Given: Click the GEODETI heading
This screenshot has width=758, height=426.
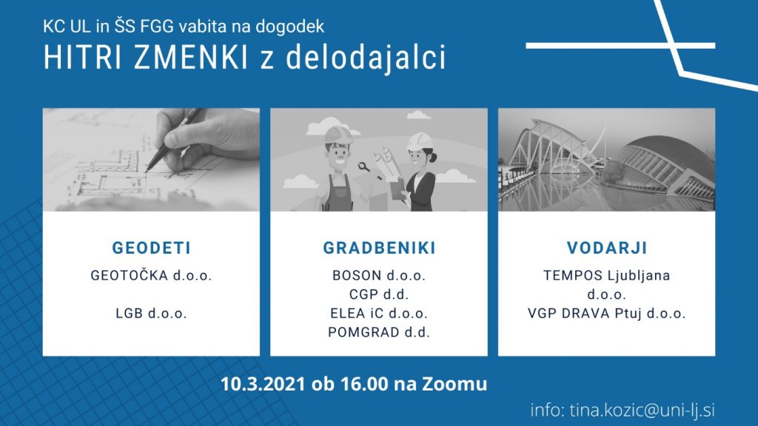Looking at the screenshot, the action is tap(151, 248).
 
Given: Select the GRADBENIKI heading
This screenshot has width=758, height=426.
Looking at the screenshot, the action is tap(379, 248).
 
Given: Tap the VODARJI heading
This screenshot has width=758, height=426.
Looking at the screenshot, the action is tap(607, 248).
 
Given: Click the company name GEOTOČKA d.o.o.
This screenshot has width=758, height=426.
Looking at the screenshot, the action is tap(151, 275).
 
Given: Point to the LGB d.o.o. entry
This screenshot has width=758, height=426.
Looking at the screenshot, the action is tap(151, 314).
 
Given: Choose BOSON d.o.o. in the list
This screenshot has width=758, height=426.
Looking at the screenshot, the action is tap(379, 275).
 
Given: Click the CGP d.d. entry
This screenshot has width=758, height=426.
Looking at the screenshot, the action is tap(379, 294).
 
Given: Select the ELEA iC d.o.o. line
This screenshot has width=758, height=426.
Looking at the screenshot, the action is tap(379, 314).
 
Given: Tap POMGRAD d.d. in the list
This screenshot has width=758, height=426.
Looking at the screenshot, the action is tap(379, 332).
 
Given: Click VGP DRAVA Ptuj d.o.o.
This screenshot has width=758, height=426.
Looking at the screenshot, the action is tap(607, 314).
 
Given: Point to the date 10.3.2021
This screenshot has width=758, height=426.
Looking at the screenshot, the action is tap(263, 384).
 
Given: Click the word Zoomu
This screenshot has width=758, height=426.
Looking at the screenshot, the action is tap(455, 384).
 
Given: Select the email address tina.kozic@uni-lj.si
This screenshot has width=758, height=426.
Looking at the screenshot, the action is tap(642, 410).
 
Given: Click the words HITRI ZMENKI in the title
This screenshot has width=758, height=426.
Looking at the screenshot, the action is tap(146, 58).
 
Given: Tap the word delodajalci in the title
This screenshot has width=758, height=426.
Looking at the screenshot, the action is tap(366, 58).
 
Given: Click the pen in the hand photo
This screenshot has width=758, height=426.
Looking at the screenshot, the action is tap(173, 140).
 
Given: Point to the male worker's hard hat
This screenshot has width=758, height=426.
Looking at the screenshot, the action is tap(338, 135).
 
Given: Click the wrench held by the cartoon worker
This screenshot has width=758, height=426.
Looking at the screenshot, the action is tap(364, 167).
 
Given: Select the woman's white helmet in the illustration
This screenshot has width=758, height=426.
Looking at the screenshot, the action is tap(420, 141).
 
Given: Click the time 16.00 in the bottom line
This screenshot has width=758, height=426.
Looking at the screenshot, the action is tap(364, 384).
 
